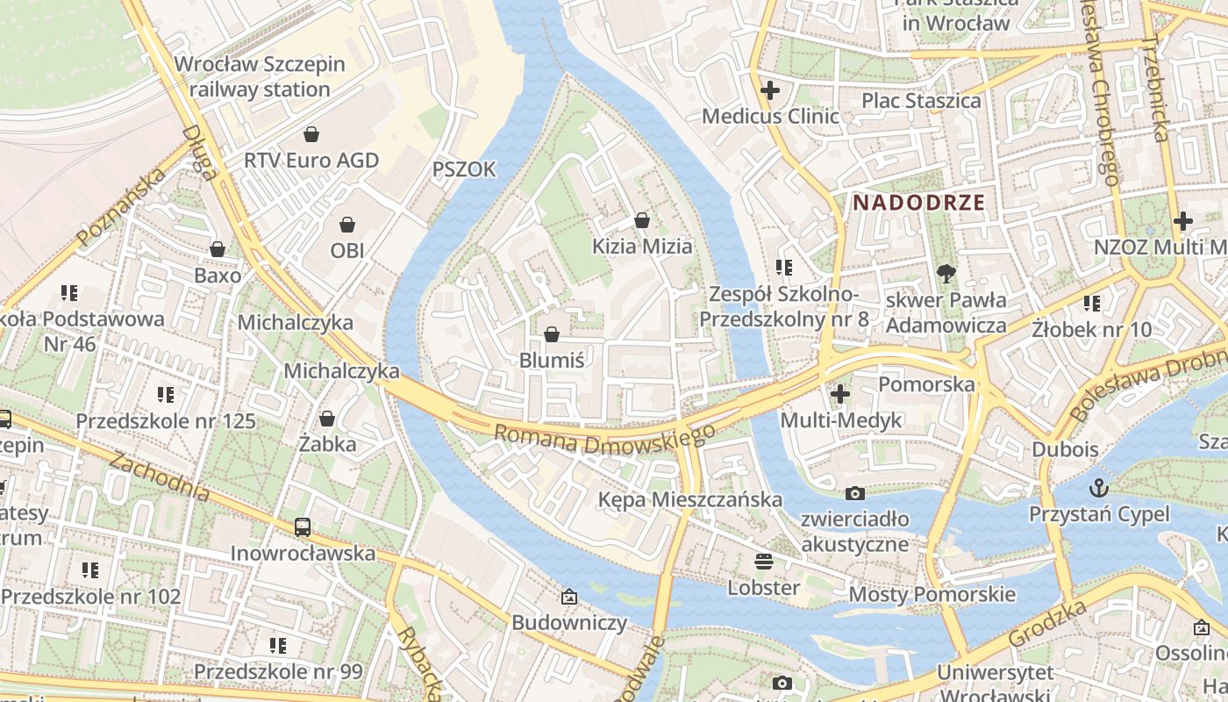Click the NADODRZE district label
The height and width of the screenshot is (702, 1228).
coord(918,202)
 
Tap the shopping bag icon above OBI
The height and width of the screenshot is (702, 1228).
coord(347,225)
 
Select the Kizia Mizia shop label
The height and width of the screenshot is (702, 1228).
coord(642,247)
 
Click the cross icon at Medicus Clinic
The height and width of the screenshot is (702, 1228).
coord(770,90)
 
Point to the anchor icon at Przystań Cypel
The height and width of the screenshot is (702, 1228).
coord(1098,487)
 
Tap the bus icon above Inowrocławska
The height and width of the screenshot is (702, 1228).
coord(303,527)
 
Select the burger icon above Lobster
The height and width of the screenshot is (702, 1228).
coord(764,561)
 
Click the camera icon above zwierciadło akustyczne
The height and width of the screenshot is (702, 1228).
coord(854,493)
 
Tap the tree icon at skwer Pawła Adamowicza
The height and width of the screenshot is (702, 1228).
coord(946,274)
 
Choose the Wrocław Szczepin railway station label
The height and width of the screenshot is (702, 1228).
coord(260,76)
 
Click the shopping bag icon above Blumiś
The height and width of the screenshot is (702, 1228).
coord(552,334)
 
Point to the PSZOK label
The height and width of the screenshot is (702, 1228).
coord(464,169)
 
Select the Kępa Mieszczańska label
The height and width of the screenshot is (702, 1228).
coord(689,499)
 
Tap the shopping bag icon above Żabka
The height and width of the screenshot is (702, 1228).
coord(327,419)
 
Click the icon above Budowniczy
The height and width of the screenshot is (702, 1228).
coord(569,597)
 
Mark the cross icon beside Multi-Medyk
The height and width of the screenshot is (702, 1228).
coord(840,394)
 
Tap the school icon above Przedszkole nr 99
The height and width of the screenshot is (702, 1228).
coord(278,646)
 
